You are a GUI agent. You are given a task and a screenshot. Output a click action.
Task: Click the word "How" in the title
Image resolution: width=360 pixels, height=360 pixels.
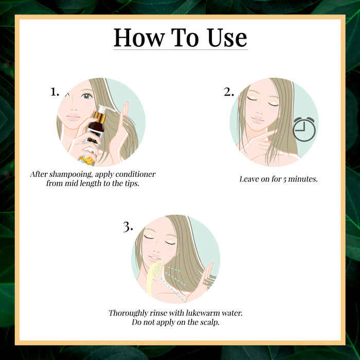point(139,38)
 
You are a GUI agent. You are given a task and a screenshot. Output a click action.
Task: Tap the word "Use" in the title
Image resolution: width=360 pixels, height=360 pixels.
point(227,38)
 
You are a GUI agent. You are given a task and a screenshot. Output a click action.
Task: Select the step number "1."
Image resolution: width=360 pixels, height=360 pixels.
point(55,92)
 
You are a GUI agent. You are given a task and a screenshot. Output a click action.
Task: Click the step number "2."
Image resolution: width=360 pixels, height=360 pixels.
point(229,92)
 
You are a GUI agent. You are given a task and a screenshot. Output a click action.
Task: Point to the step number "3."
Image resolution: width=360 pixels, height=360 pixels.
point(128,227)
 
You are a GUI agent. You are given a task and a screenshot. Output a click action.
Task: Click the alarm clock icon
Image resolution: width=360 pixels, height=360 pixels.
point(304,129)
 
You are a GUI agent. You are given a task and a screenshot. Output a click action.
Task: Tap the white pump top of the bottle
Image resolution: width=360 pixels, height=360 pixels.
point(105,109)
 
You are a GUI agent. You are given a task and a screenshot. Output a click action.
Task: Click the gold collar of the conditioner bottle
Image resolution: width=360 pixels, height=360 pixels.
point(100,117)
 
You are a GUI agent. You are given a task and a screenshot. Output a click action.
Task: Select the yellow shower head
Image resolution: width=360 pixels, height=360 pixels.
point(154,278)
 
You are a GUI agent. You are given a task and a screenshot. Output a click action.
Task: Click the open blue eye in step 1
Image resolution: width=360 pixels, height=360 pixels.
point(86,96)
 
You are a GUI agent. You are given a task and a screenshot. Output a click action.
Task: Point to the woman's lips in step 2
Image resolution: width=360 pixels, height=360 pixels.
point(258,120)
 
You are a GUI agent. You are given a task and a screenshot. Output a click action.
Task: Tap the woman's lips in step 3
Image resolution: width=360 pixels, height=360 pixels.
point(154,258)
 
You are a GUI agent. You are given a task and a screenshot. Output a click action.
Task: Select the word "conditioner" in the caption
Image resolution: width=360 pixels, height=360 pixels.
point(135,174)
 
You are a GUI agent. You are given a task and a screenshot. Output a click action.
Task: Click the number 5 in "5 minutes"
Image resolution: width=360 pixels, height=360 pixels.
point(284,179)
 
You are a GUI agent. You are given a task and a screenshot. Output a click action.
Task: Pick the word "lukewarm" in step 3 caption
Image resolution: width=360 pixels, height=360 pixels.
point(203,313)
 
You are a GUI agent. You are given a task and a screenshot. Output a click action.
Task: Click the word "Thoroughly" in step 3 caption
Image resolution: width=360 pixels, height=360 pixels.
point(129,313)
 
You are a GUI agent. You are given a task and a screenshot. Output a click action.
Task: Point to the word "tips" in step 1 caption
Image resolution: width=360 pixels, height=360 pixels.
point(132,184)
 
